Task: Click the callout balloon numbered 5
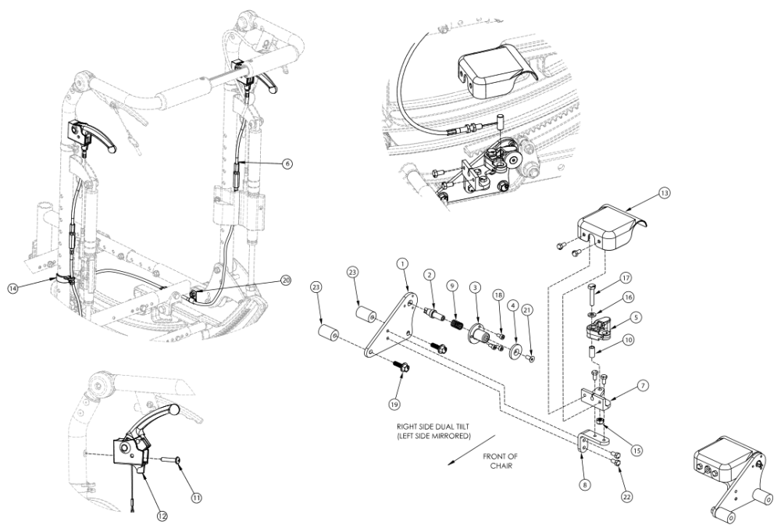pyautogui.click(x=637, y=318)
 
